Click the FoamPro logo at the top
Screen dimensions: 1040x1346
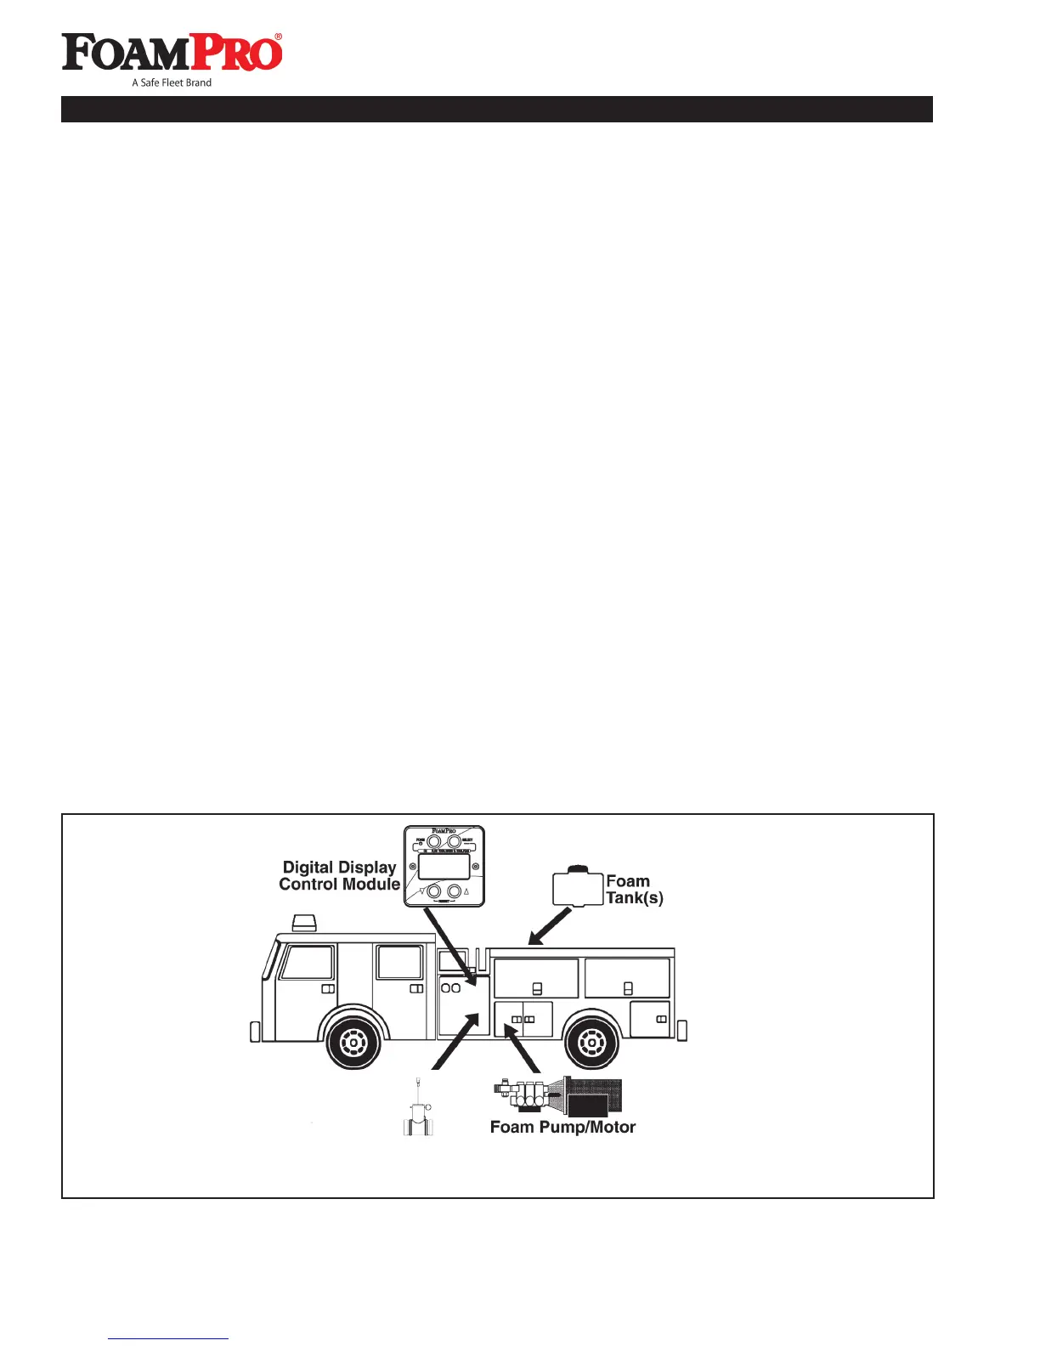172,53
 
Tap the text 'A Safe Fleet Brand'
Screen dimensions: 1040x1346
172,82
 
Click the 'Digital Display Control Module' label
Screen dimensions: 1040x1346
339,875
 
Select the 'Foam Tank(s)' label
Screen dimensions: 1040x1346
634,889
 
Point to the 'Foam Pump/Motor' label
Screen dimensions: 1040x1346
562,1127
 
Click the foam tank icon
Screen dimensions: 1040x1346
578,886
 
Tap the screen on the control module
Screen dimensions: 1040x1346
444,867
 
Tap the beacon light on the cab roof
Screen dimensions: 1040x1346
304,923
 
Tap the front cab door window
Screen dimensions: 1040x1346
307,962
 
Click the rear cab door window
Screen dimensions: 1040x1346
399,962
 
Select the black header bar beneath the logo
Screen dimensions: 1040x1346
496,109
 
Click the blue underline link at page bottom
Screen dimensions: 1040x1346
168,1338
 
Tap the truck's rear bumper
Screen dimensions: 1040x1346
681,1030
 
